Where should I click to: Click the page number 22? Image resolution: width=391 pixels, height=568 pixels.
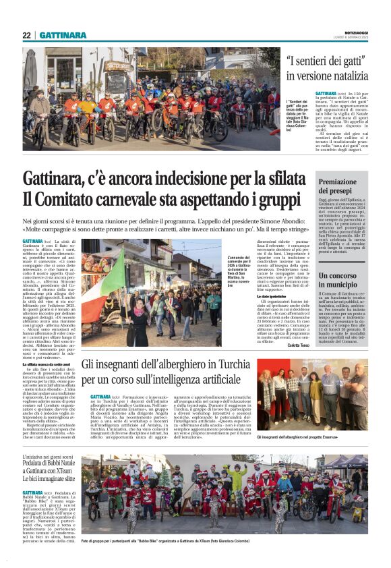coord(26,35)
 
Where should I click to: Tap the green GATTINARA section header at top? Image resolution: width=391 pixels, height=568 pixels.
coord(63,35)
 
